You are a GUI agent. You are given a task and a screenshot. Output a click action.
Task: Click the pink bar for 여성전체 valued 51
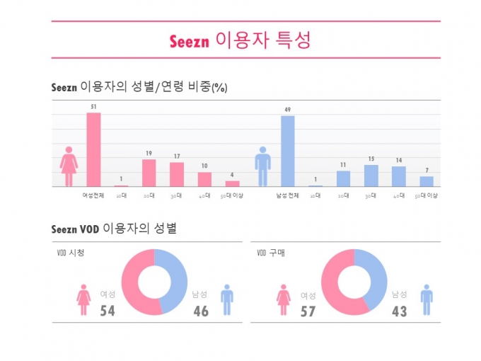coord(93,149)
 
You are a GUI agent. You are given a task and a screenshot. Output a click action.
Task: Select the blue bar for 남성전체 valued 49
coord(287,151)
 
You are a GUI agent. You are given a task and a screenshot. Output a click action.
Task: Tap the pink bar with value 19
coord(149,173)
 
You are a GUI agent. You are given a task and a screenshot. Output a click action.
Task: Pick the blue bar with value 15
coord(371,176)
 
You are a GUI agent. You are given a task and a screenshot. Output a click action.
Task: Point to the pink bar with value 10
coord(204,179)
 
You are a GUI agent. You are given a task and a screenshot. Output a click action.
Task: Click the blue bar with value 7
coord(426,181)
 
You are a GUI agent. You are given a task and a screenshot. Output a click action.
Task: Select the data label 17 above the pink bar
coord(176,156)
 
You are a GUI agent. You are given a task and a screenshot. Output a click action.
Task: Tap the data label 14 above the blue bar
coord(398,161)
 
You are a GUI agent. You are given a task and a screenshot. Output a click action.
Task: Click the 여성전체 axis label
coord(93,195)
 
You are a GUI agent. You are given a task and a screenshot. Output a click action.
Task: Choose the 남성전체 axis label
coord(287,195)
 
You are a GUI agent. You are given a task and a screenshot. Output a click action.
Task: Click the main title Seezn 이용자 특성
coord(240,40)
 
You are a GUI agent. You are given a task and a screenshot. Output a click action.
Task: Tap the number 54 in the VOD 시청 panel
coord(108,311)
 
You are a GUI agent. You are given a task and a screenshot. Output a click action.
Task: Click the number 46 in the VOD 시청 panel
coord(201,311)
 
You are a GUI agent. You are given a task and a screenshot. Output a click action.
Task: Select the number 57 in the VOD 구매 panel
coord(308,311)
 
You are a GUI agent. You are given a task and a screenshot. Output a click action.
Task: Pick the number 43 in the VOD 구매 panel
coord(400,311)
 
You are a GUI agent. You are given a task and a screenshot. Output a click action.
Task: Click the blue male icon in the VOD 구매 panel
coord(427,299)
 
